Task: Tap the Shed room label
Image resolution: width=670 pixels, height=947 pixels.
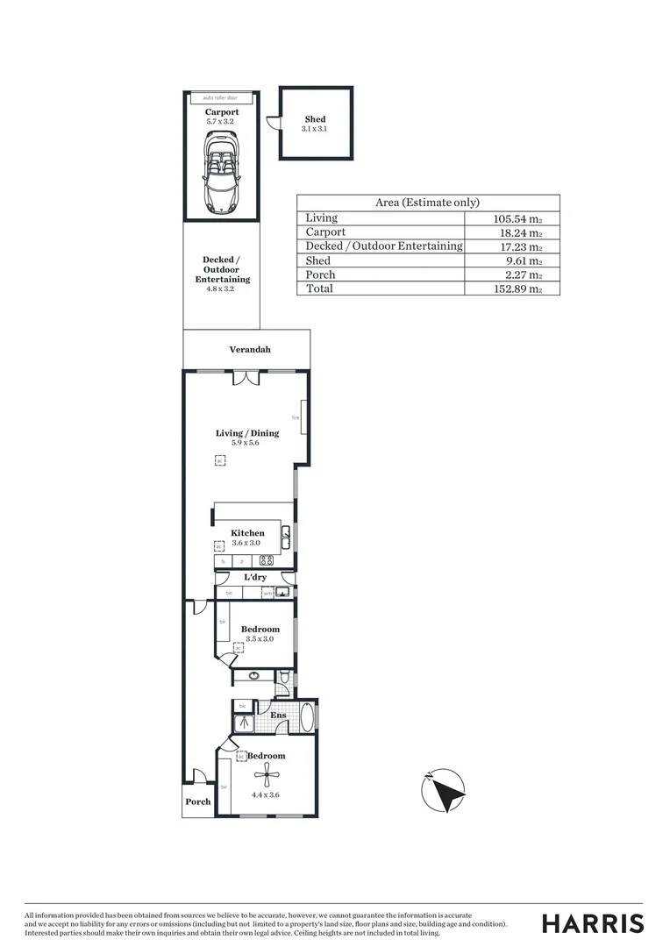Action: [315, 119]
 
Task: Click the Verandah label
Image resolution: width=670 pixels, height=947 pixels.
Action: [250, 350]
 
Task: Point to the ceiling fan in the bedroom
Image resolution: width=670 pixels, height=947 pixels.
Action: [267, 774]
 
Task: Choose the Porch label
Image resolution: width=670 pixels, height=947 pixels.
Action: [198, 801]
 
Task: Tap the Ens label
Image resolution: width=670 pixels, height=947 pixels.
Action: [278, 716]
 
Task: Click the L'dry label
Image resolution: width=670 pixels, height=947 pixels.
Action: [254, 577]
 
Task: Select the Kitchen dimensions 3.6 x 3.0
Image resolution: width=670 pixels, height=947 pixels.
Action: [247, 544]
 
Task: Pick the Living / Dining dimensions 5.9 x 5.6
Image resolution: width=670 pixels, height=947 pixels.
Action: [247, 443]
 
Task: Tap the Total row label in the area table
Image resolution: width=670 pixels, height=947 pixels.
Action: [319, 288]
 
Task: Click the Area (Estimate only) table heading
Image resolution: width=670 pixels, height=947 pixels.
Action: [427, 202]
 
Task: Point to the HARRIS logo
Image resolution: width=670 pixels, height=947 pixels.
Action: [593, 923]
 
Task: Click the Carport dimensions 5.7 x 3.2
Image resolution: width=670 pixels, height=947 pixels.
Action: [222, 122]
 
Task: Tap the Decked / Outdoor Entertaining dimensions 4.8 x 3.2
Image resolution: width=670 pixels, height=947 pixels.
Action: [222, 288]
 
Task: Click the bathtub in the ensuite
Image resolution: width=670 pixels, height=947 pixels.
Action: [305, 716]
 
